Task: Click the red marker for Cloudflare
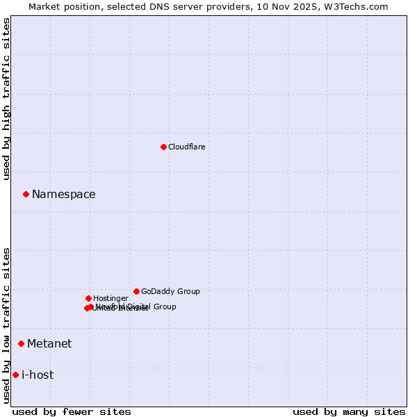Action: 163,147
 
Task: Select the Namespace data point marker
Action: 26,194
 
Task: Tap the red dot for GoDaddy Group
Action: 136,291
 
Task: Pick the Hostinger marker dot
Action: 88,298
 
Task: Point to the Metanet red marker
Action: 21,343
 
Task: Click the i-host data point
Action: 15,375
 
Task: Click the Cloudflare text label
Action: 186,147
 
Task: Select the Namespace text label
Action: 63,195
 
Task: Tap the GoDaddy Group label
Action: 170,291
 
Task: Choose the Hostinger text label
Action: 111,298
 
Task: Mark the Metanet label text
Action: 49,344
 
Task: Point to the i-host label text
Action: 38,375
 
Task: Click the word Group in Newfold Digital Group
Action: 163,306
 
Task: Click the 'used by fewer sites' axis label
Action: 72,411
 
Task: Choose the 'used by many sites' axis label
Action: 349,411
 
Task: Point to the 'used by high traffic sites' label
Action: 6,99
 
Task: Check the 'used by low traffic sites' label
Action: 6,325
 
